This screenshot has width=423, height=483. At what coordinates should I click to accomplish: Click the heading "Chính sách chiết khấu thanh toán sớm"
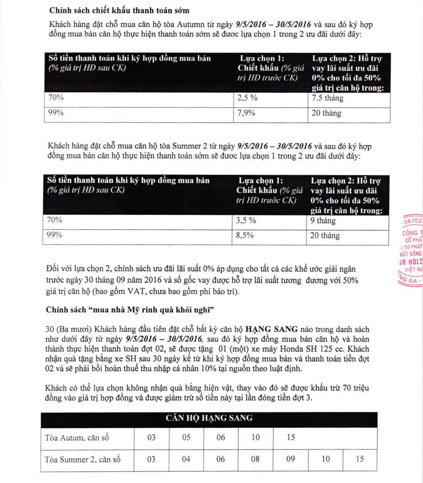119,10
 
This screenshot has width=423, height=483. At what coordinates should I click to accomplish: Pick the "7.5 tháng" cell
328,98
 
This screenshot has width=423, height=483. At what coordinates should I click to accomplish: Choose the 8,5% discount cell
245,235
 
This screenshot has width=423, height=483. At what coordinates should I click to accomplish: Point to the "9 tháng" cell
323,221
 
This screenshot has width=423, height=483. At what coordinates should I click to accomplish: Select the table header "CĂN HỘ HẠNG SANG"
209,418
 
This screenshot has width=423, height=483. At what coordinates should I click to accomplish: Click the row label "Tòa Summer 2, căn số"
83,459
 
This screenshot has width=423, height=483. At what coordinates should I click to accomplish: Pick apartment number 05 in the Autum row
186,438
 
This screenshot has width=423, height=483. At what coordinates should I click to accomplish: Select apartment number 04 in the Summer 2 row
186,459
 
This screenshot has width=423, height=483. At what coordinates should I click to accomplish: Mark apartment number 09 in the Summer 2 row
291,459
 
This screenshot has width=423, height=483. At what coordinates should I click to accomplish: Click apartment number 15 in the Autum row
291,438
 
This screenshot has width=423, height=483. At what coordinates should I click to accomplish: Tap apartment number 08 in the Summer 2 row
255,459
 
